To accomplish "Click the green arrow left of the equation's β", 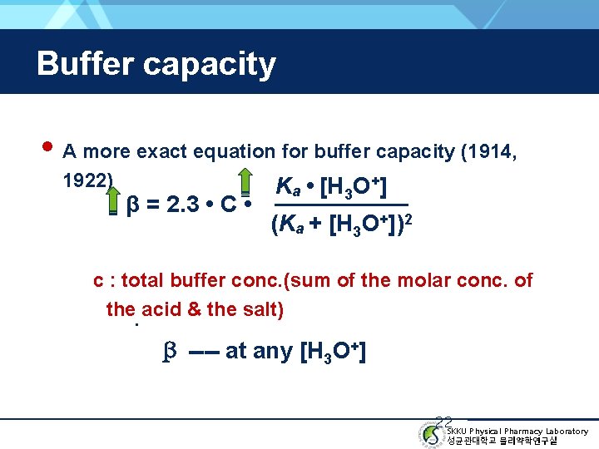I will point(113,202).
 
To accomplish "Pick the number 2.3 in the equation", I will point(181,205).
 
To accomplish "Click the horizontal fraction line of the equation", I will point(341,205).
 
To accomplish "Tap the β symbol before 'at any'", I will point(166,352).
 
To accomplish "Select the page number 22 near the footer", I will point(443,422).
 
